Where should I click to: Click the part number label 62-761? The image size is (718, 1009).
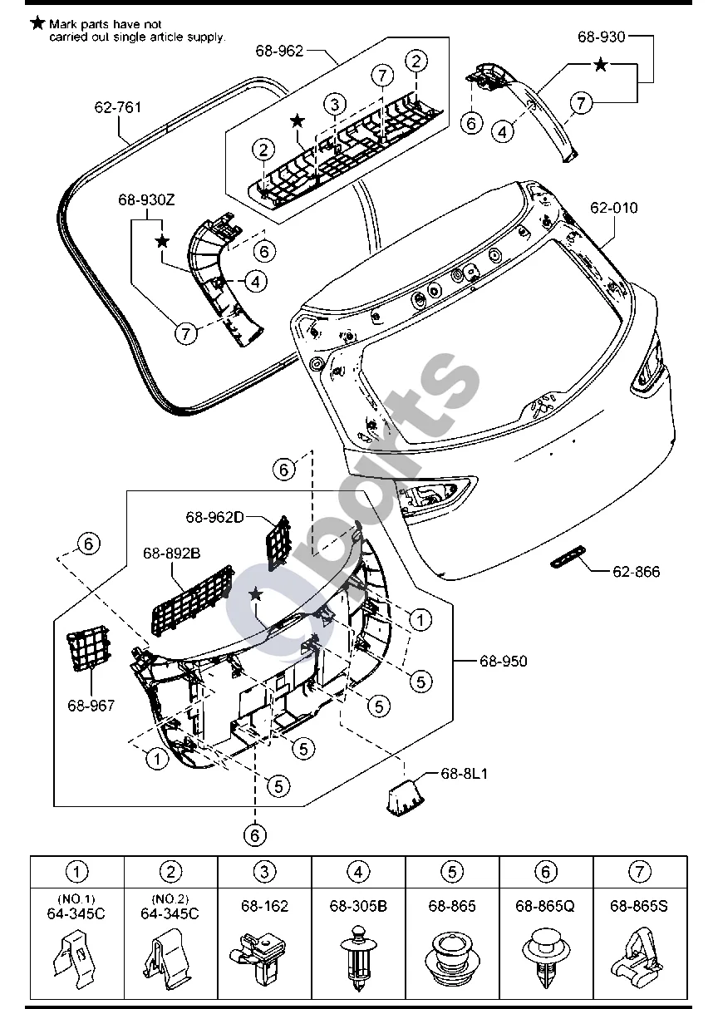click(117, 107)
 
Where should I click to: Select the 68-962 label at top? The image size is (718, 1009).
click(279, 51)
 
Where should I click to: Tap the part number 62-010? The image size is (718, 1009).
click(614, 208)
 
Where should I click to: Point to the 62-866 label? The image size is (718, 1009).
click(636, 572)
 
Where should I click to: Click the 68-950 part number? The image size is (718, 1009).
click(503, 661)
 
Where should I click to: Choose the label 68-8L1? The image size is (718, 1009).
click(464, 774)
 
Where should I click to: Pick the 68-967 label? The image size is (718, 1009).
click(91, 705)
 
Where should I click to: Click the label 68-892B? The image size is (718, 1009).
click(172, 553)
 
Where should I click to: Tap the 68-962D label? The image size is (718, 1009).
click(214, 517)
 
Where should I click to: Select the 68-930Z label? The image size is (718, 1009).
click(146, 199)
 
